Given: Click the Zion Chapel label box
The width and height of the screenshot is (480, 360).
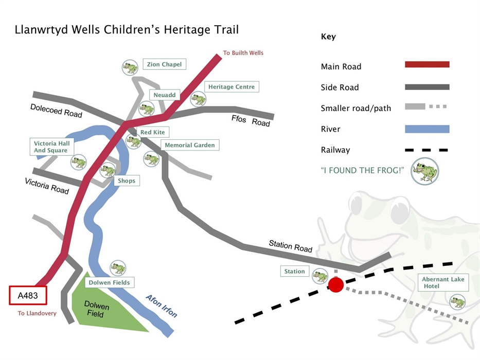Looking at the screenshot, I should pyautogui.click(x=164, y=64).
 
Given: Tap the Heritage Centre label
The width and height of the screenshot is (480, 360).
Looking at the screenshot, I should pyautogui.click(x=232, y=87).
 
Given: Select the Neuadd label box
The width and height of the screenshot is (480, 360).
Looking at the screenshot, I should pyautogui.click(x=165, y=95).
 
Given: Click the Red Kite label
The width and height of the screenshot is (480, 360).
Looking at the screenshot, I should pyautogui.click(x=152, y=133).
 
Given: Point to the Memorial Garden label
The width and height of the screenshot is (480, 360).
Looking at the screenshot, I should pyautogui.click(x=190, y=145).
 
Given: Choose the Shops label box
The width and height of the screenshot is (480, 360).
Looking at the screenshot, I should pyautogui.click(x=127, y=181).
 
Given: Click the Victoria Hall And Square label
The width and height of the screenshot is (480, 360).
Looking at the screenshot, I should pyautogui.click(x=51, y=147).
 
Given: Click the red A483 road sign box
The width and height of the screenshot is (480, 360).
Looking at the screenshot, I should pyautogui.click(x=28, y=296).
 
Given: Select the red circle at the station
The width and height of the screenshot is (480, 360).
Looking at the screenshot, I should pyautogui.click(x=335, y=285).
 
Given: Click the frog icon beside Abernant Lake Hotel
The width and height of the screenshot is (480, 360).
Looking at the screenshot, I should pyautogui.click(x=457, y=302).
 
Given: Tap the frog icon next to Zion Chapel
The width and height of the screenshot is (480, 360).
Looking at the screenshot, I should pyautogui.click(x=130, y=67).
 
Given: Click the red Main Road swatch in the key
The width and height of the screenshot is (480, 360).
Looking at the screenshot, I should pyautogui.click(x=427, y=65).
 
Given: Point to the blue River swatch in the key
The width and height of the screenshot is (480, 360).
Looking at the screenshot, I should pyautogui.click(x=427, y=129).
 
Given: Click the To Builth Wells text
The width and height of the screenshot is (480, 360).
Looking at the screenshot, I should pyautogui.click(x=243, y=53).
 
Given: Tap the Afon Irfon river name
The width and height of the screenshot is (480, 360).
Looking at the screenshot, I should pyautogui.click(x=161, y=306).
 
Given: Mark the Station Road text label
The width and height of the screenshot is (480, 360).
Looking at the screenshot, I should pyautogui.click(x=290, y=246).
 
